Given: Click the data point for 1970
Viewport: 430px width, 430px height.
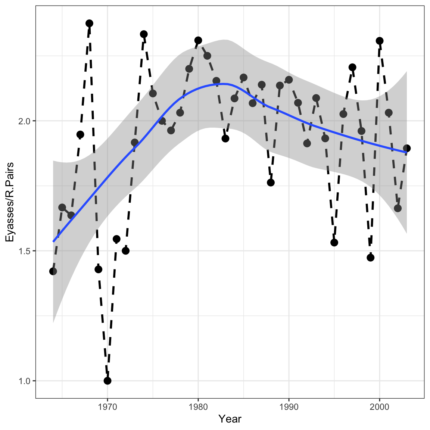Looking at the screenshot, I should [107, 381].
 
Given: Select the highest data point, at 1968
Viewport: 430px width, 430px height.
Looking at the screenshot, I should [89, 23].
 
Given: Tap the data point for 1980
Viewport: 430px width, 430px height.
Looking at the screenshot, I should [198, 40].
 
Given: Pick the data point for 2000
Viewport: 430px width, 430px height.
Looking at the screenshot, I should [380, 41].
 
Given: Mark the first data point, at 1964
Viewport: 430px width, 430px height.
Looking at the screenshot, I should [53, 271].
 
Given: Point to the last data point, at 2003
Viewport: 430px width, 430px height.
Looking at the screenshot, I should [407, 148].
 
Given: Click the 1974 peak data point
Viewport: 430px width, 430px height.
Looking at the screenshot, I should [144, 34].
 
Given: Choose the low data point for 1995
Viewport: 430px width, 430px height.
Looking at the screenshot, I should [334, 243].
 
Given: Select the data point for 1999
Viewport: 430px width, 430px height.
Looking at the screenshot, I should [370, 258].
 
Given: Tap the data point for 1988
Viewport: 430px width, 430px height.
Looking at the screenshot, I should [271, 183].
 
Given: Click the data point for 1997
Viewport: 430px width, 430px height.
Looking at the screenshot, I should [352, 67].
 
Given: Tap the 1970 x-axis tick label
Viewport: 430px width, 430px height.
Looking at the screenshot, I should [107, 406].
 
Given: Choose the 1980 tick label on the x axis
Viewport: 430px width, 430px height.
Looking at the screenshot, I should [198, 406].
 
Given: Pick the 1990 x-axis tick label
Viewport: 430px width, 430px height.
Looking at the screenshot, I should [289, 406].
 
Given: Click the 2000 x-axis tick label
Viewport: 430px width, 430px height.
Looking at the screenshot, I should [380, 406].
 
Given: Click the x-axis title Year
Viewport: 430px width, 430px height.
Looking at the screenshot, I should [230, 419].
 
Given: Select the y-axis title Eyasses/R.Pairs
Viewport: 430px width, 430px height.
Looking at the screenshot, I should [10, 202].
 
